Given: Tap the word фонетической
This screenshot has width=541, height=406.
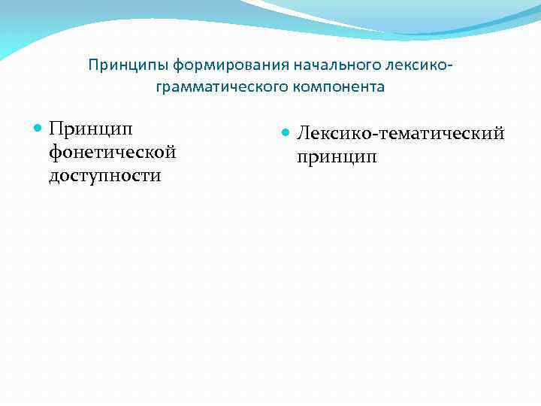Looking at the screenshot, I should tap(112, 153).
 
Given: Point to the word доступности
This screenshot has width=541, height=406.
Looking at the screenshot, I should tap(105, 176).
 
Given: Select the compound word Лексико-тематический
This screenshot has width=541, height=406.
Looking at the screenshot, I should tap(400, 134).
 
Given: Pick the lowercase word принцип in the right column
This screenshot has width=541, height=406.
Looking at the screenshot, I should tap(337, 157).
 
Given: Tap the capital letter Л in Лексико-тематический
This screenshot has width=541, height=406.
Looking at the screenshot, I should tap(303, 134).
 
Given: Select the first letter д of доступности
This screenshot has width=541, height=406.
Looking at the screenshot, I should tap(54, 177).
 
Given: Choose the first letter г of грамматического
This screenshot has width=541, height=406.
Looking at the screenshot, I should tap(159, 88).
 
